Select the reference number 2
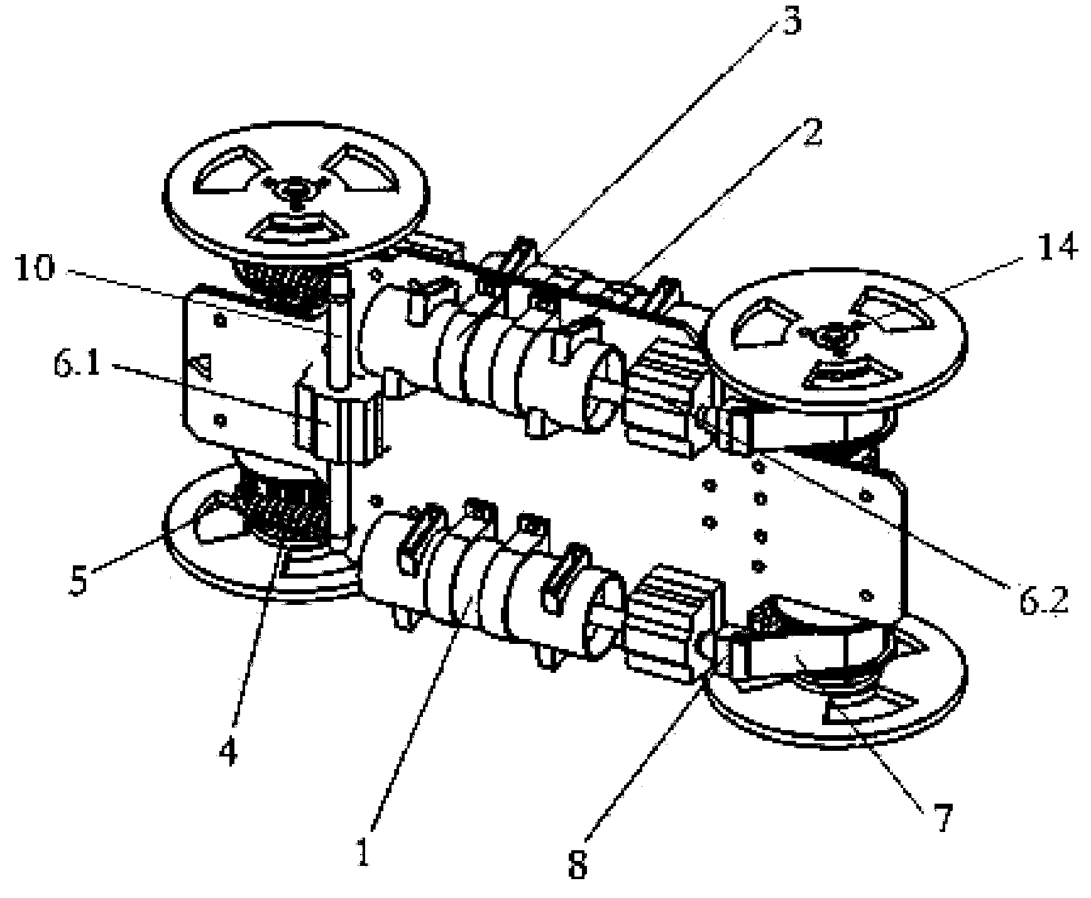click(811, 133)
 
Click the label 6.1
click(75, 365)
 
